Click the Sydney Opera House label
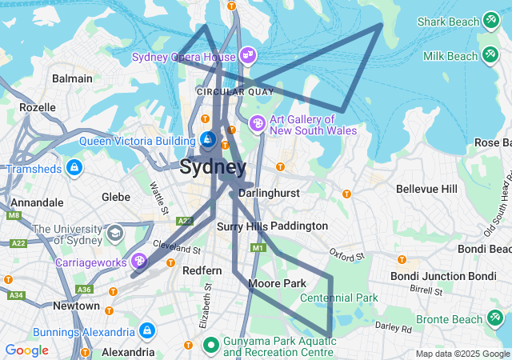point(183,57)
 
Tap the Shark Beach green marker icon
point(490,22)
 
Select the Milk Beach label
point(450,56)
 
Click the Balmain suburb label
point(72,79)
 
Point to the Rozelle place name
point(38,107)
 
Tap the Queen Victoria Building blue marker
point(207,140)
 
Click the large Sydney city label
point(213,167)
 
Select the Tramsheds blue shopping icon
point(74,168)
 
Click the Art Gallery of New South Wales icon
point(258,124)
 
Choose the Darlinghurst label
point(269,194)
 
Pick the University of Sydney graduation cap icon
point(115,234)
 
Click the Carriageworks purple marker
point(139,261)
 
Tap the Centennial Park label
point(338,298)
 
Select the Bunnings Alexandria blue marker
point(146,330)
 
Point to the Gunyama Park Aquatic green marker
point(211,346)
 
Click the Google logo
point(26,350)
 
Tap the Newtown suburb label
point(76,306)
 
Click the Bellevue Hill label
point(426,189)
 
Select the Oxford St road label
point(346,255)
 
